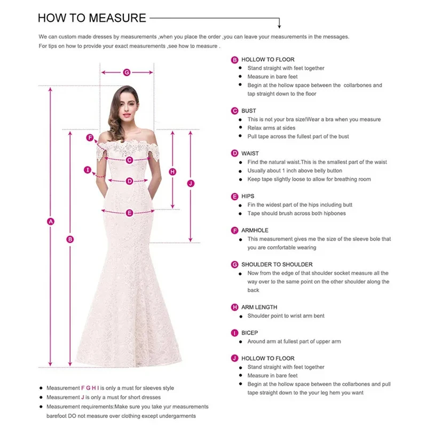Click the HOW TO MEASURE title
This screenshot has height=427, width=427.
[92, 18]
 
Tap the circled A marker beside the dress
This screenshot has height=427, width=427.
[51, 221]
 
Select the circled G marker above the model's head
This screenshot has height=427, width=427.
[127, 72]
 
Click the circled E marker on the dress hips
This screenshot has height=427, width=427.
[129, 213]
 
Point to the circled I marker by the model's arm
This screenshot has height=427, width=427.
[88, 170]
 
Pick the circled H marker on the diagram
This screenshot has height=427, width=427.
[172, 171]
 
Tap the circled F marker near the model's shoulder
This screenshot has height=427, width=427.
[90, 138]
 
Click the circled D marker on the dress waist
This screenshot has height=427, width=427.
[129, 181]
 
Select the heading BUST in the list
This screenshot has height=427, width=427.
[249, 111]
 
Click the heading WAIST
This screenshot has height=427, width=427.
[250, 154]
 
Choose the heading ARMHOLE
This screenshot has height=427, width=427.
[255, 231]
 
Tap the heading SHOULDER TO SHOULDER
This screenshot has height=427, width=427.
[276, 265]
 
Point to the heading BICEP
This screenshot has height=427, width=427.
[249, 333]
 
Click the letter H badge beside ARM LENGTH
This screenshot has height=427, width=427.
[234, 307]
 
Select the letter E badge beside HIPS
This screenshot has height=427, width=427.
[234, 196]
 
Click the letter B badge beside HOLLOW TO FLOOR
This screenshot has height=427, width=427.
[234, 60]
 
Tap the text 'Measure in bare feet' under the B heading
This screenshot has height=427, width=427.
[273, 77]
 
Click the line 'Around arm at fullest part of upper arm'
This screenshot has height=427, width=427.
[294, 342]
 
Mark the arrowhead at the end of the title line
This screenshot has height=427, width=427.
[279, 26]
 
